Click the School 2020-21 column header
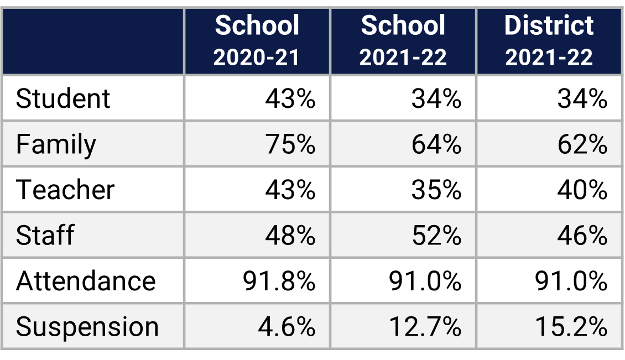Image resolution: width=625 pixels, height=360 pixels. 257,41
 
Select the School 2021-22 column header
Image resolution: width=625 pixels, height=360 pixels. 403,41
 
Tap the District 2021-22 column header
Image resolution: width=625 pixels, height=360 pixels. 549,41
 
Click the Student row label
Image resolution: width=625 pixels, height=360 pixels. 63,99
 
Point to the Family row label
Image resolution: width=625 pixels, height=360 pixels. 56,145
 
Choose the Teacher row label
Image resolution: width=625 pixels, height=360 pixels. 65,190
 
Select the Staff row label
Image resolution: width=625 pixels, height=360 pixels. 45,236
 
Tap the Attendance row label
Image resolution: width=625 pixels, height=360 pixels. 86,281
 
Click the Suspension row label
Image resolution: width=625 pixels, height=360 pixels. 87,327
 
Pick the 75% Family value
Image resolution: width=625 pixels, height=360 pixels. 290,145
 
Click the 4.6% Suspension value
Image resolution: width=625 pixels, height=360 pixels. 287,327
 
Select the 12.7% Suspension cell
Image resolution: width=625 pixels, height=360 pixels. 425,327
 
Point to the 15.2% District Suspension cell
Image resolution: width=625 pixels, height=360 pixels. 571,327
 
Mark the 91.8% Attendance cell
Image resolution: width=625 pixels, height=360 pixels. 279,281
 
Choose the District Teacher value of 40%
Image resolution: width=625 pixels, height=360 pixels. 582,190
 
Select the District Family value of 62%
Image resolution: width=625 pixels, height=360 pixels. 582,145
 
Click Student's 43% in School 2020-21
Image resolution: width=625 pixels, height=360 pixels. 290,99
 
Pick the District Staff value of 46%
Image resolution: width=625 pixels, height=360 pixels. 582,236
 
